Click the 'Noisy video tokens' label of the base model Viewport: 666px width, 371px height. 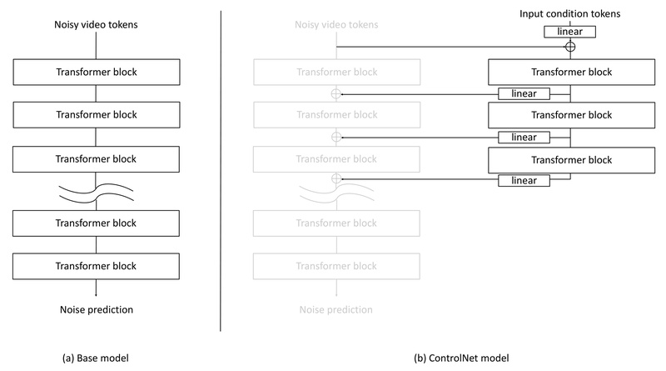(x=97, y=24)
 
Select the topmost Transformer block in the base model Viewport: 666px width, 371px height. (x=97, y=72)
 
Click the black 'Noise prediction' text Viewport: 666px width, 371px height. (x=97, y=310)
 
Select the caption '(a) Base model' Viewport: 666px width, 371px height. (x=97, y=358)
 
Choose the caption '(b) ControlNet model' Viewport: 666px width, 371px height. (x=462, y=358)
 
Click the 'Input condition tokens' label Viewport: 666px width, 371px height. (x=569, y=14)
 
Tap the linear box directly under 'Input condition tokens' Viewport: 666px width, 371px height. (x=569, y=32)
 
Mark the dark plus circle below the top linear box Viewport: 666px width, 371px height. (x=569, y=48)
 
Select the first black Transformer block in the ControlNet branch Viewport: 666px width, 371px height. (x=569, y=72)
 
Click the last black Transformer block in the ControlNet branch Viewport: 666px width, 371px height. (x=569, y=158)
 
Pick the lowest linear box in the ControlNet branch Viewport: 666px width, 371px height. (x=524, y=180)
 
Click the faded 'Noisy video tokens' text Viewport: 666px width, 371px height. (x=336, y=24)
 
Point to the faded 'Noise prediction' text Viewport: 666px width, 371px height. (x=336, y=310)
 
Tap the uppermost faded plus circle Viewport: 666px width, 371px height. (x=336, y=93)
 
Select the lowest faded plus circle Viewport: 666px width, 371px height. (x=336, y=179)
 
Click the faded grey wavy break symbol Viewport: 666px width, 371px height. (x=336, y=194)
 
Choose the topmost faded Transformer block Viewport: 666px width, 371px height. (x=336, y=72)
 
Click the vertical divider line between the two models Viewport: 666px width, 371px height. (x=221, y=167)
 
